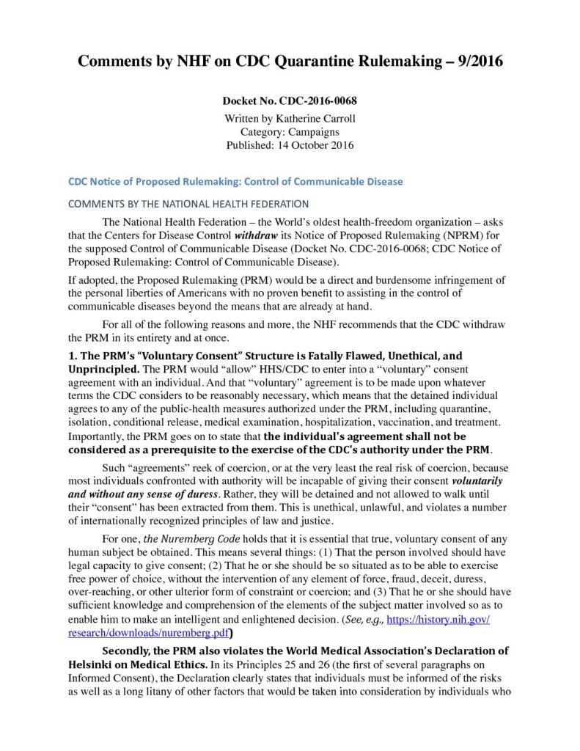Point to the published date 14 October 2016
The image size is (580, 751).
pos(317,145)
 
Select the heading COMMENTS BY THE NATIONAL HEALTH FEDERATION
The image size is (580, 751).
pos(188,203)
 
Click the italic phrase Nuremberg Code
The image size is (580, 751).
pos(183,538)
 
